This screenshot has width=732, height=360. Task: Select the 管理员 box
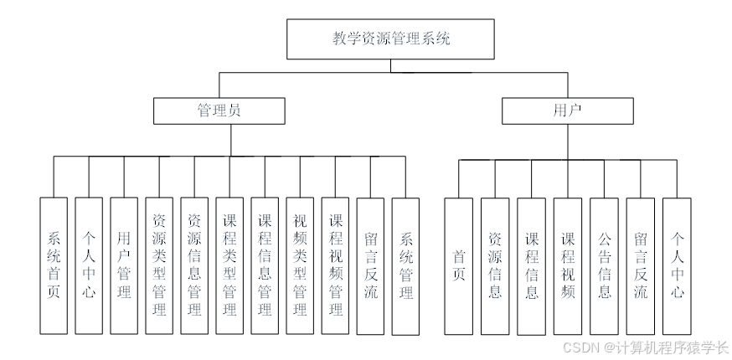click(x=219, y=111)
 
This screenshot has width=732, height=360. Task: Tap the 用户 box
click(x=567, y=111)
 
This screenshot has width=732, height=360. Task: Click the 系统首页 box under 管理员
click(x=54, y=266)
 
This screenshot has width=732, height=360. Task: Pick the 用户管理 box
click(x=124, y=266)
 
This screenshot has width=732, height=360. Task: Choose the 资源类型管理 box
click(x=159, y=266)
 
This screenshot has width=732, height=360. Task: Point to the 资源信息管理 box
click(x=194, y=266)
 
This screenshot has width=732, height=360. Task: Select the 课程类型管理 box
click(x=229, y=266)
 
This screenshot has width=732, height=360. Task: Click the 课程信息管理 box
click(x=265, y=266)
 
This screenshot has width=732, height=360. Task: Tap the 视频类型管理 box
click(x=300, y=266)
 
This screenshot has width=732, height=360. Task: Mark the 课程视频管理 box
click(x=335, y=266)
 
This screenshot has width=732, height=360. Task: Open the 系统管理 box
click(x=405, y=266)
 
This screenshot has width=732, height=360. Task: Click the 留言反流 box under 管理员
click(x=370, y=266)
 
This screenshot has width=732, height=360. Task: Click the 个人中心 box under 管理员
click(x=89, y=266)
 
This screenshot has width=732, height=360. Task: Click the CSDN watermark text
click(x=645, y=347)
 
